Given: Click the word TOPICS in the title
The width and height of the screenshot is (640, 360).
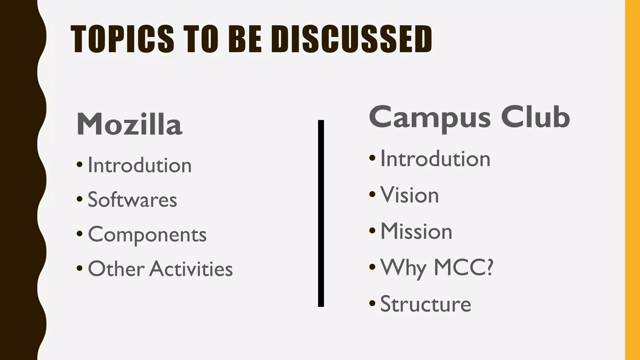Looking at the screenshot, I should [x=122, y=39].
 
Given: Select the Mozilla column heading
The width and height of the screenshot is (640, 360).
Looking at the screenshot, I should [x=129, y=124].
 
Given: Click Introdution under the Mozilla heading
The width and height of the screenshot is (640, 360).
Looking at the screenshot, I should [x=139, y=165].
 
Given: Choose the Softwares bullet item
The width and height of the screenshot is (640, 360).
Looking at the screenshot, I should [x=132, y=200].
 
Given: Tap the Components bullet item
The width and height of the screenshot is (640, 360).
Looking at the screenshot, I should [x=147, y=235].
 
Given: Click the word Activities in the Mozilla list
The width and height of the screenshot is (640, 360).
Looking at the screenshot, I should [x=191, y=269].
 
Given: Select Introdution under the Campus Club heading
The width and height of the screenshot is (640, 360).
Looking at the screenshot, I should [x=435, y=159].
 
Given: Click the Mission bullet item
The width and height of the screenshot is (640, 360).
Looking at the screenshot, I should [x=416, y=232].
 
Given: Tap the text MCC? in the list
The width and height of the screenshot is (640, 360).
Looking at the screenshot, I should [x=463, y=267].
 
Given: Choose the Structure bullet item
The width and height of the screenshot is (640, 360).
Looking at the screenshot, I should [x=425, y=304].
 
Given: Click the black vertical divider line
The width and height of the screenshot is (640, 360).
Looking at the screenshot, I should [x=321, y=213].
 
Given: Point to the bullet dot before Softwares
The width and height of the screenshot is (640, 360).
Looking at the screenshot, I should [x=79, y=199].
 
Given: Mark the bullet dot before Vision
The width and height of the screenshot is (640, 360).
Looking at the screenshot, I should [x=372, y=194].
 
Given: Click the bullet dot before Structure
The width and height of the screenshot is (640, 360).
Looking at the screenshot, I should [x=372, y=303].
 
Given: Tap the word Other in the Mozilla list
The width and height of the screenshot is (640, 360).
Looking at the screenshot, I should [x=116, y=269].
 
